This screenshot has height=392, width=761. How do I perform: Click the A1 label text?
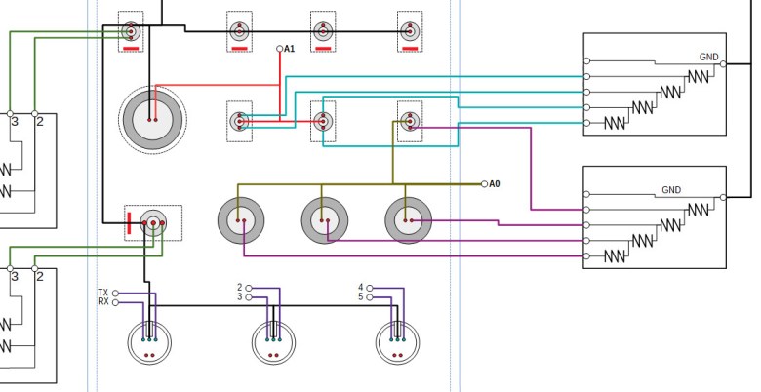coord(290,49)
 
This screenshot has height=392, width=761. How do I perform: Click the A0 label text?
coord(495,183)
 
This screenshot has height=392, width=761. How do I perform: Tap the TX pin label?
coord(103,293)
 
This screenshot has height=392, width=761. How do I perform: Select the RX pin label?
coord(103,302)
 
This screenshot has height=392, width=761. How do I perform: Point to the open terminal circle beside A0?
coord(484,183)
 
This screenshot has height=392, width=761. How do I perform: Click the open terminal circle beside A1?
coord(280,49)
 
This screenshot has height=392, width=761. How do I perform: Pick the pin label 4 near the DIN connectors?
coord(361,287)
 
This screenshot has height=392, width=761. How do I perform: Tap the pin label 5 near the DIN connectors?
coord(361,296)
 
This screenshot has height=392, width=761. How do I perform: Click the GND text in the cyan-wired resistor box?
coord(708,58)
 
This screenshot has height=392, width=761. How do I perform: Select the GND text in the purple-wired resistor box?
coord(671,190)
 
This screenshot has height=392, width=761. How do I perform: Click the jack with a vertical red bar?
coord(152,223)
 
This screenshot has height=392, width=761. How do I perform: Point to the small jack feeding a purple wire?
coord(410,121)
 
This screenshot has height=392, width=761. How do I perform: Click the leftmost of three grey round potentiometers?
coord(241,219)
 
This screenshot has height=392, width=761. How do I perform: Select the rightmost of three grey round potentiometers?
coord(408,219)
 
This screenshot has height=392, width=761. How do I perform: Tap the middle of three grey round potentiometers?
coord(324,219)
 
